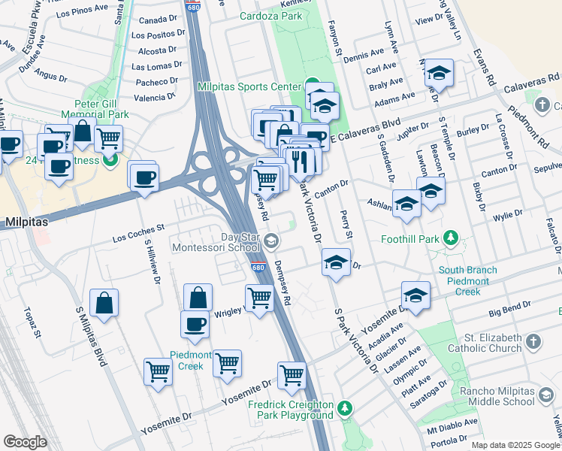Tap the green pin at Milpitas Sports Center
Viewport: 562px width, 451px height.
311,86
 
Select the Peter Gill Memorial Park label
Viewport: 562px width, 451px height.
101,109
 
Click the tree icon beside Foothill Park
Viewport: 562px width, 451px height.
450,239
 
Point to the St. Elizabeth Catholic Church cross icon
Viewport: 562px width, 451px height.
533,342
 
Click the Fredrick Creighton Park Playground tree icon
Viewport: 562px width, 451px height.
344,408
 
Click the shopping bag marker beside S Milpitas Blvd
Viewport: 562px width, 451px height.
104,303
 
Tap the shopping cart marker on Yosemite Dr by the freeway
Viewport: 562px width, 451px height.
292,374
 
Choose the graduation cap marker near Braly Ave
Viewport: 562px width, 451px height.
439,74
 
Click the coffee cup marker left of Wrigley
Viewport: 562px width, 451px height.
195,324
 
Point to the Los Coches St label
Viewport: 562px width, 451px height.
138,234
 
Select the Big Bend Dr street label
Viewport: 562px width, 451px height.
510,307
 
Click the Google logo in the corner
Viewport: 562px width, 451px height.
25,441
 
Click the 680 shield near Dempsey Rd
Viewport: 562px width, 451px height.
257,267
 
